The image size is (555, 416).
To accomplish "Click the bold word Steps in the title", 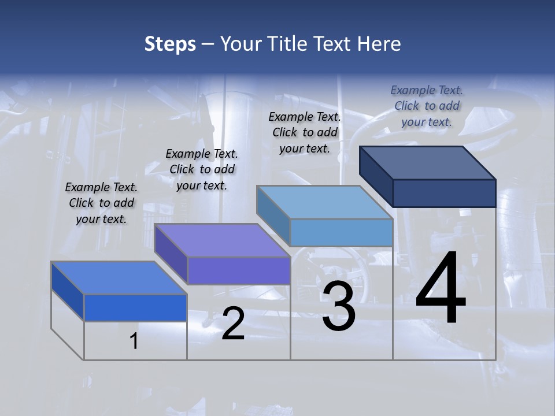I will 170,44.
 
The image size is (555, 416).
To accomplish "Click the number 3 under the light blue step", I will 339,307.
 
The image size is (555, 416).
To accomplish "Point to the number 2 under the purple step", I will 233,324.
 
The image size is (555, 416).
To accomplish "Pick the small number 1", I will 134,341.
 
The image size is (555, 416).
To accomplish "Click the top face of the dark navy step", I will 428,162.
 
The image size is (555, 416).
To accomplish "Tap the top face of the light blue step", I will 324,202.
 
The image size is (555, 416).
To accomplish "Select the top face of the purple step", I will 222,240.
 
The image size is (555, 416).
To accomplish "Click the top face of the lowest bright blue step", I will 119,278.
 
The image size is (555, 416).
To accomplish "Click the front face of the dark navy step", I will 444,193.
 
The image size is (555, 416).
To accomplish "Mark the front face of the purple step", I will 239,270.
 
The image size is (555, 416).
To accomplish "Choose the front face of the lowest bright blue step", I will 135,307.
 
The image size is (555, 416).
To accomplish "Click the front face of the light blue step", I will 341,232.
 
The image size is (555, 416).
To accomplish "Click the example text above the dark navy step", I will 427,106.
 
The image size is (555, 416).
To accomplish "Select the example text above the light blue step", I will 305,133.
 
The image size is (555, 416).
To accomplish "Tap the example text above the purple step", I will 202,170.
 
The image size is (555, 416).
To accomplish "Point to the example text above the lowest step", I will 101,203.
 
